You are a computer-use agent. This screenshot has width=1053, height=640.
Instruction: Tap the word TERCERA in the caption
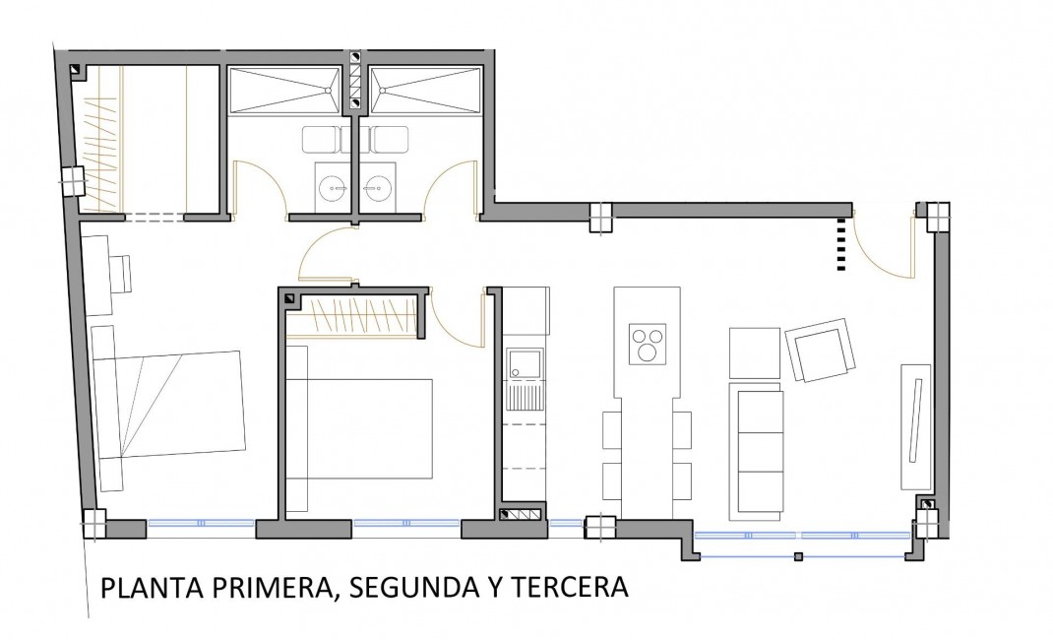572,588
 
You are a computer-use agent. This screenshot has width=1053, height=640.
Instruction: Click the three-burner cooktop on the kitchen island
648,344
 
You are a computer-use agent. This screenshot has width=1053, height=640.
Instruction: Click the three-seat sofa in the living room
755,451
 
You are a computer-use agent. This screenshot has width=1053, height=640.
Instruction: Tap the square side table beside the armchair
754,352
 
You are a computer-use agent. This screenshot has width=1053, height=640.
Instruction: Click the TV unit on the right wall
914,424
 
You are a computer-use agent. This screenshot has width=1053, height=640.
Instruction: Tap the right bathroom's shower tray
423,90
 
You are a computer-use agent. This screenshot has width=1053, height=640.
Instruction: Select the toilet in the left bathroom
323,140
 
